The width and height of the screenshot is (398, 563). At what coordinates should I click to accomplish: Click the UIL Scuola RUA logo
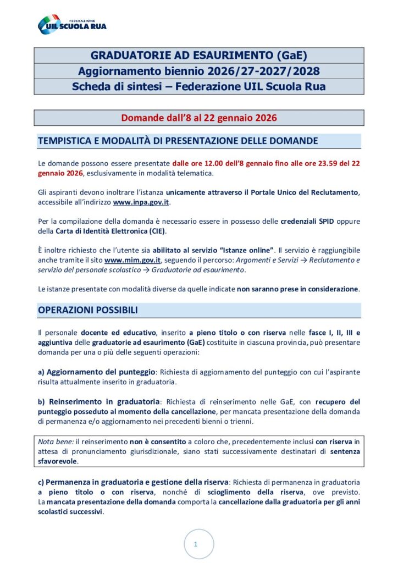tap(71, 24)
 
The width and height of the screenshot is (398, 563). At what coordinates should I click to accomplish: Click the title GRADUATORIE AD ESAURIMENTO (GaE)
tap(198, 56)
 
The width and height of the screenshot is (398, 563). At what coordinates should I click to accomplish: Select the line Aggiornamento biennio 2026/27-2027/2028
tap(198, 71)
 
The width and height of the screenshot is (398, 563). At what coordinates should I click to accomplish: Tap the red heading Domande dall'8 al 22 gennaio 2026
tap(198, 118)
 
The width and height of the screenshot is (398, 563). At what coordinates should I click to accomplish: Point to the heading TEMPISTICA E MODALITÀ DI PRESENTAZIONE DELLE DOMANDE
tap(178, 141)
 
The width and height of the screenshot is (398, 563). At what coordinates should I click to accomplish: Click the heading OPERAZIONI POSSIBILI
tap(87, 310)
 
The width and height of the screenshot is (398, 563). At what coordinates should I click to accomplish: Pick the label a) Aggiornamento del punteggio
tap(97, 372)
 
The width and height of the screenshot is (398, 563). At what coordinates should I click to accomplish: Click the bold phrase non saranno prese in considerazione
tap(298, 288)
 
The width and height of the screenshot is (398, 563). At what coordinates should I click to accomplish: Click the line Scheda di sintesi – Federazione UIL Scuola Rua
tap(198, 86)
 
